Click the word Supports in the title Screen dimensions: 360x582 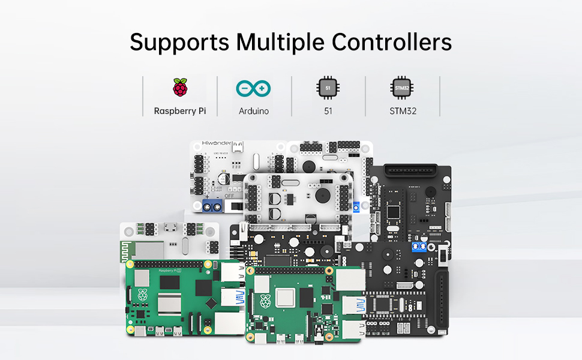pyautogui.click(x=179, y=43)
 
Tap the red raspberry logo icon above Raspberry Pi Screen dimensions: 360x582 pyautogui.click(x=179, y=88)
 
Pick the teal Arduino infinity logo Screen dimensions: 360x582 pyautogui.click(x=254, y=89)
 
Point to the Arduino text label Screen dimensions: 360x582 pyautogui.click(x=254, y=111)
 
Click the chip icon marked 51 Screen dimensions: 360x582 pyautogui.click(x=328, y=88)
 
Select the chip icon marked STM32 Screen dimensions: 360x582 pyautogui.click(x=402, y=88)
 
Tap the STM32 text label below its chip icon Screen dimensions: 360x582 pyautogui.click(x=402, y=111)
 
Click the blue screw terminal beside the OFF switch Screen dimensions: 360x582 pyautogui.click(x=213, y=207)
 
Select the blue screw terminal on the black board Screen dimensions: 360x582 pyautogui.click(x=421, y=247)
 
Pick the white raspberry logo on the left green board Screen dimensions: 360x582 pyautogui.click(x=142, y=294)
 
